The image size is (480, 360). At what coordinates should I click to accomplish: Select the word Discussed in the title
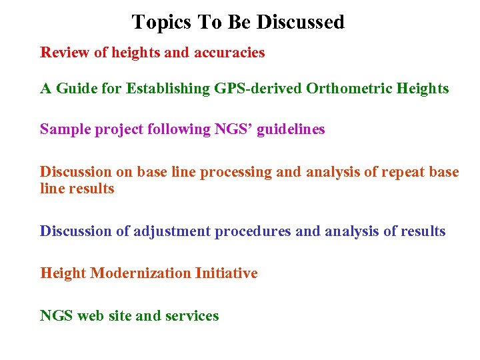click(x=301, y=22)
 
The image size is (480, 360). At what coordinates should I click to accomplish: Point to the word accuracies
click(x=229, y=52)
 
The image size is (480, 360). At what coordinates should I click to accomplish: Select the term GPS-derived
click(x=259, y=88)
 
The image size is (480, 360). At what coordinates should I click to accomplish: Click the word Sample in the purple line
click(x=65, y=129)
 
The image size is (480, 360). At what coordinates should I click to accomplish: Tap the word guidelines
click(x=291, y=129)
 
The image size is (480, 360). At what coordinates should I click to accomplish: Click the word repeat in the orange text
click(x=403, y=172)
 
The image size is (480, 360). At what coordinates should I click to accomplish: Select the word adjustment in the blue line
click(x=171, y=231)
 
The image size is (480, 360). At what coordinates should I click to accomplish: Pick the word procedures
click(x=253, y=231)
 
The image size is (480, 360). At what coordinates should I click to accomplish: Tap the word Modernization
click(x=141, y=273)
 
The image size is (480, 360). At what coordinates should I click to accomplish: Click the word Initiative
click(x=226, y=273)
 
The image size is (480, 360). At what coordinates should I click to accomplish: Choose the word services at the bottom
click(x=192, y=315)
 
